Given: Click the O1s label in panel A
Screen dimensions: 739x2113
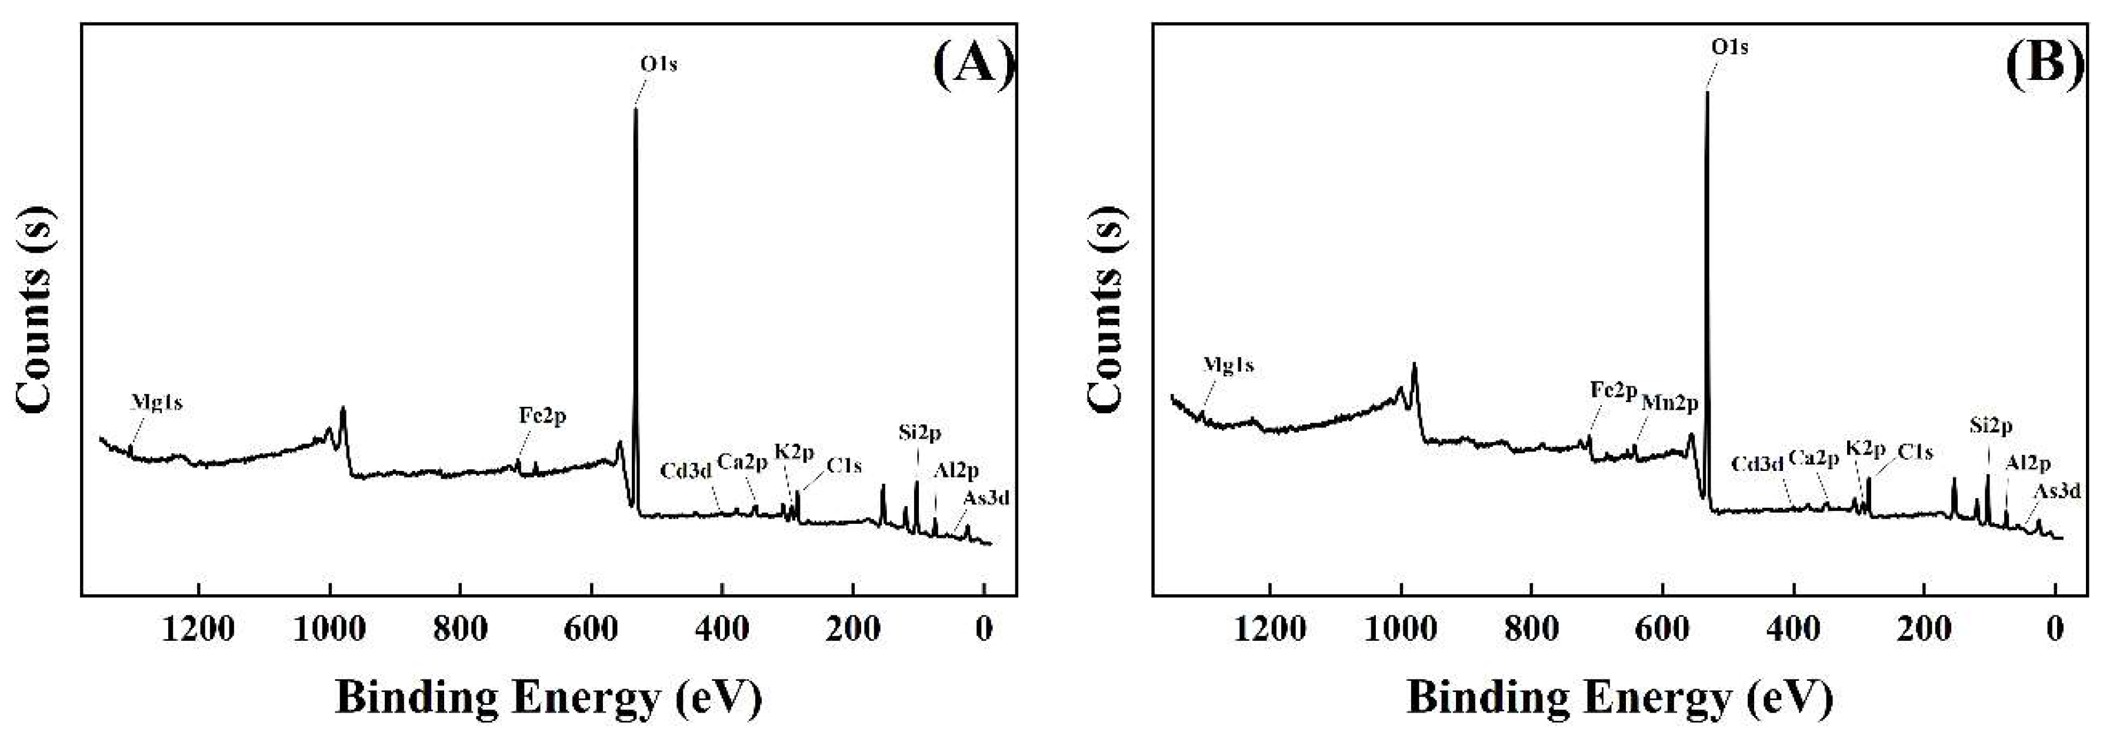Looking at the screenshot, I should (659, 64).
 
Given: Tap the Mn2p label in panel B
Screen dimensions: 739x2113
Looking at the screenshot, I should (1669, 403).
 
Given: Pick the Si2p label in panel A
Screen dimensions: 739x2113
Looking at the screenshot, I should (919, 432).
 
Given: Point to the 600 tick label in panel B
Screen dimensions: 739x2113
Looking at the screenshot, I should (1662, 629).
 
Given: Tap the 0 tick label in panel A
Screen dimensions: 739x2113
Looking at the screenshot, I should (984, 629).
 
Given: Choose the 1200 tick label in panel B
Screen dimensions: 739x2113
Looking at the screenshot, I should (1270, 629).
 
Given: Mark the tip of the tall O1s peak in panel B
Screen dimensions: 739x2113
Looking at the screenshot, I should (1707, 93).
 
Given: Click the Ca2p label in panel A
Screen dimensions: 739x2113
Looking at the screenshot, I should (742, 462).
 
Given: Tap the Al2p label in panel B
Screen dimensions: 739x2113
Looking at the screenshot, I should (2028, 463).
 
